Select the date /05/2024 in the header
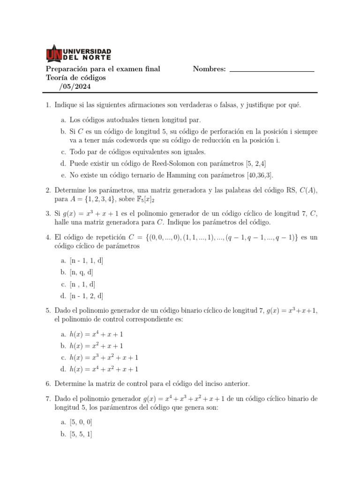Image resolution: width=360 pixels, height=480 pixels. point(75,87)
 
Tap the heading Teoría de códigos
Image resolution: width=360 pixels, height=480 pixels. point(76,78)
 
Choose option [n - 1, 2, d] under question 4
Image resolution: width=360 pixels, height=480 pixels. point(86,296)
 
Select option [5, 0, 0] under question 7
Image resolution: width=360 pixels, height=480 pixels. point(81,422)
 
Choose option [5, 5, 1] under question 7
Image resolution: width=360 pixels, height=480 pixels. point(81,434)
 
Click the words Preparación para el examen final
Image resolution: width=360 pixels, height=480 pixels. point(103,69)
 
